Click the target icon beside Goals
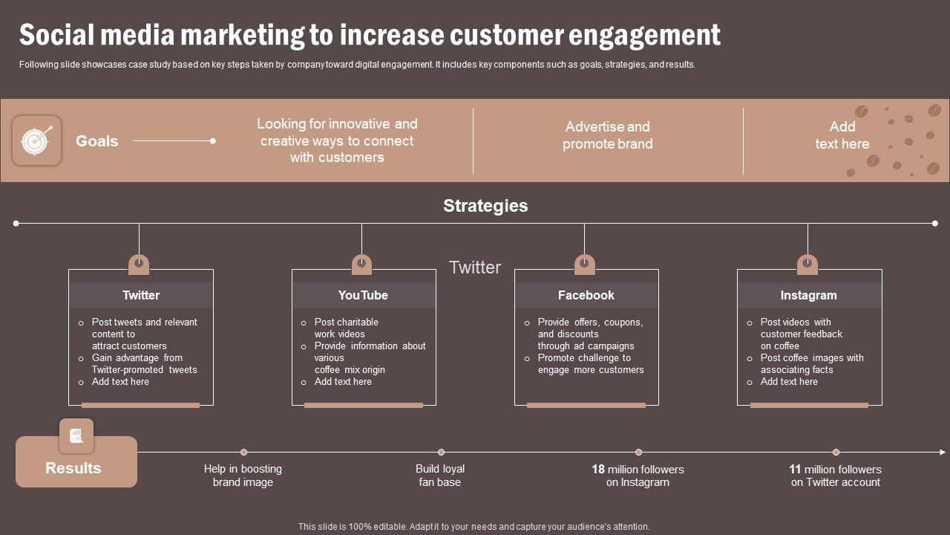click(36, 140)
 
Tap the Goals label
click(96, 141)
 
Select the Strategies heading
click(485, 206)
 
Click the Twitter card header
click(141, 295)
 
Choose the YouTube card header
click(363, 295)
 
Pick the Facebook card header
click(586, 295)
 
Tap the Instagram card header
click(808, 295)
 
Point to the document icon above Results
click(76, 435)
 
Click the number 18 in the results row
click(598, 470)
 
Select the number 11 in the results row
click(795, 470)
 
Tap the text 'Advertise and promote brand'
click(607, 135)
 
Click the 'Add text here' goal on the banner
click(842, 135)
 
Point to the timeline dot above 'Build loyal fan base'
click(441, 452)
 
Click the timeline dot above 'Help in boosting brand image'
click(243, 452)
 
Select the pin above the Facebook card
click(585, 264)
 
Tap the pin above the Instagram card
click(807, 264)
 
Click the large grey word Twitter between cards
click(475, 267)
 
